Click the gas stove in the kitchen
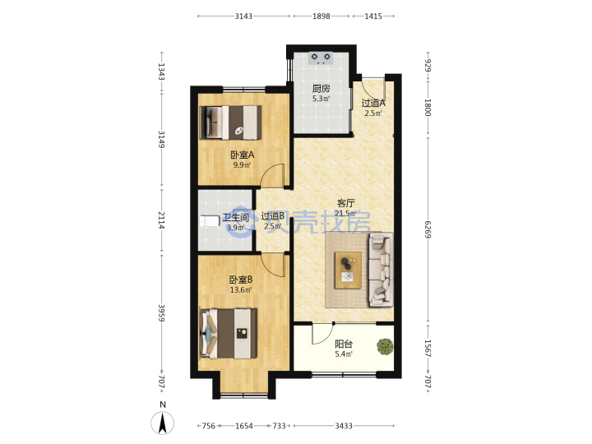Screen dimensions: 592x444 pos(321,58)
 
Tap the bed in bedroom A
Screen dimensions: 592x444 pos(230,123)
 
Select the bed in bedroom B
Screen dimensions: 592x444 pos(229,333)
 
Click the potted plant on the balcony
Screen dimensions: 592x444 pos(385,346)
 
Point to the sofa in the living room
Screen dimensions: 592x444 pos(381,270)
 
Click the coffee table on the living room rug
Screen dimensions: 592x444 pos(348,271)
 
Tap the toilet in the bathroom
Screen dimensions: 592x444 pos(209,221)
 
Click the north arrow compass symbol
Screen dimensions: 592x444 pos(163,423)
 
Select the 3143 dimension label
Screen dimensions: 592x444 pos(243,16)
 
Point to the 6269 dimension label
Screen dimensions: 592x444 pos(428,229)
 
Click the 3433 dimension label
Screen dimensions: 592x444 pos(344,426)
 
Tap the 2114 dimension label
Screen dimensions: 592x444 pos(161,220)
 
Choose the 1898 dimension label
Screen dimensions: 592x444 pos(321,16)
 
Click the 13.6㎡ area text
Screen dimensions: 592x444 pos(241,290)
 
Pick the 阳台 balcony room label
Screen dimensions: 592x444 pos(344,344)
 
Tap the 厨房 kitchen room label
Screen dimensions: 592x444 pos(321,89)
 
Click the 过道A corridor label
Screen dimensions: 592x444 pos(373,103)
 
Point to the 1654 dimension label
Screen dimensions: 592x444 pos(244,426)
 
